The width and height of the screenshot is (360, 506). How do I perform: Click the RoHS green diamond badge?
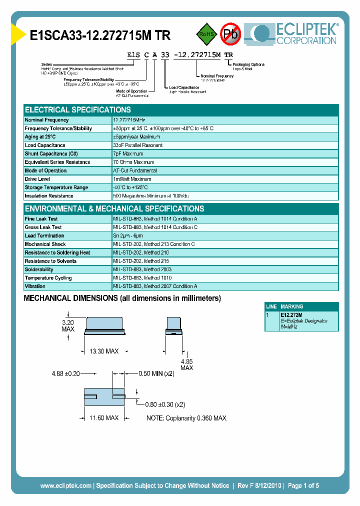pyautogui.click(x=205, y=34)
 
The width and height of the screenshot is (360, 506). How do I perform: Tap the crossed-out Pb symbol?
pyautogui.click(x=230, y=34)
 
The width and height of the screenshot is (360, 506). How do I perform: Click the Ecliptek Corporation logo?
pyautogui.click(x=295, y=34)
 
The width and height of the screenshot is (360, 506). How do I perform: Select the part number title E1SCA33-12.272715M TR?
pyautogui.click(x=100, y=36)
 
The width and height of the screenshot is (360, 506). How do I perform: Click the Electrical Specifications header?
pyautogui.click(x=78, y=109)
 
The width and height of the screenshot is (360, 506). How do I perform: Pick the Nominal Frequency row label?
pyautogui.click(x=46, y=120)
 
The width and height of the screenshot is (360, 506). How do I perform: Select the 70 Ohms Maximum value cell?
pyautogui.click(x=133, y=162)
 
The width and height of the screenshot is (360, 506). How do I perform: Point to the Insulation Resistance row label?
pyautogui.click(x=50, y=196)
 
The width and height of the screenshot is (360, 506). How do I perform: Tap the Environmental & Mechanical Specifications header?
pyautogui.click(x=114, y=208)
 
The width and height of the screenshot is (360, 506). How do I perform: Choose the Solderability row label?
pyautogui.click(x=39, y=269)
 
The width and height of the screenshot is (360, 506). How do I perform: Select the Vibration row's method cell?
pyautogui.click(x=155, y=286)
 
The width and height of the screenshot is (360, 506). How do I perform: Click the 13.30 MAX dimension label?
pyautogui.click(x=104, y=351)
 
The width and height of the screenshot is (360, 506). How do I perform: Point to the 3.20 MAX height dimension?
pyautogui.click(x=68, y=326)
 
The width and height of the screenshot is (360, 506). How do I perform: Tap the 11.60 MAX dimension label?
pyautogui.click(x=104, y=417)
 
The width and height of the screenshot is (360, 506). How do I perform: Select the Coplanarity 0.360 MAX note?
pyautogui.click(x=186, y=418)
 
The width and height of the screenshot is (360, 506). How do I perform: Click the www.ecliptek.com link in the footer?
pyautogui.click(x=65, y=485)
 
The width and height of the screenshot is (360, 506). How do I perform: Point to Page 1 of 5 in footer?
pyautogui.click(x=303, y=485)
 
